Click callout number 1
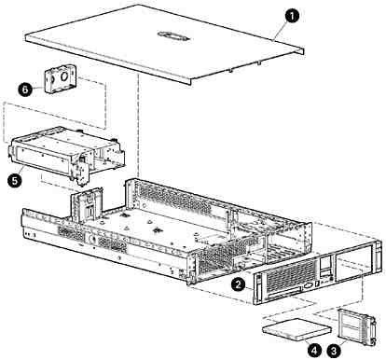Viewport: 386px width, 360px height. (291, 17)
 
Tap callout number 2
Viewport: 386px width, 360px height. (239, 284)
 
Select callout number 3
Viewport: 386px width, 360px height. (334, 351)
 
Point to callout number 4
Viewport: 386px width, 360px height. (315, 351)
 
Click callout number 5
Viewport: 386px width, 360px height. (15, 180)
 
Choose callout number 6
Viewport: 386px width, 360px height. (25, 90)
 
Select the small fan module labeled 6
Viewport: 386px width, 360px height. (61, 79)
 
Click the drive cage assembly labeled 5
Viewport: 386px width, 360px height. (66, 155)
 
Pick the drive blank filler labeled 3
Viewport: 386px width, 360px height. (357, 327)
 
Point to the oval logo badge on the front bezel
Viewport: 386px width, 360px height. (309, 285)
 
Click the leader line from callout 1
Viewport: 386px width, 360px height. (279, 31)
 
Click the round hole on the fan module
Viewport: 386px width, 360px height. (65, 76)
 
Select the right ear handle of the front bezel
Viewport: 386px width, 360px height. (379, 257)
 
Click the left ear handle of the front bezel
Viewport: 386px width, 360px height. (257, 290)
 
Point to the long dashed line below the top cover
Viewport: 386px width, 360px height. (137, 125)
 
